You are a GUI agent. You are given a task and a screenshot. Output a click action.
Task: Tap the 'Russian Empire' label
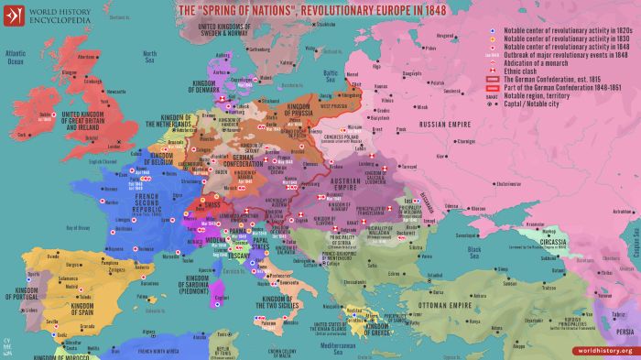click(x=446, y=123)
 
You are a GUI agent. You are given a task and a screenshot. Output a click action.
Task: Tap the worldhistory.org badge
click(x=605, y=351)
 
